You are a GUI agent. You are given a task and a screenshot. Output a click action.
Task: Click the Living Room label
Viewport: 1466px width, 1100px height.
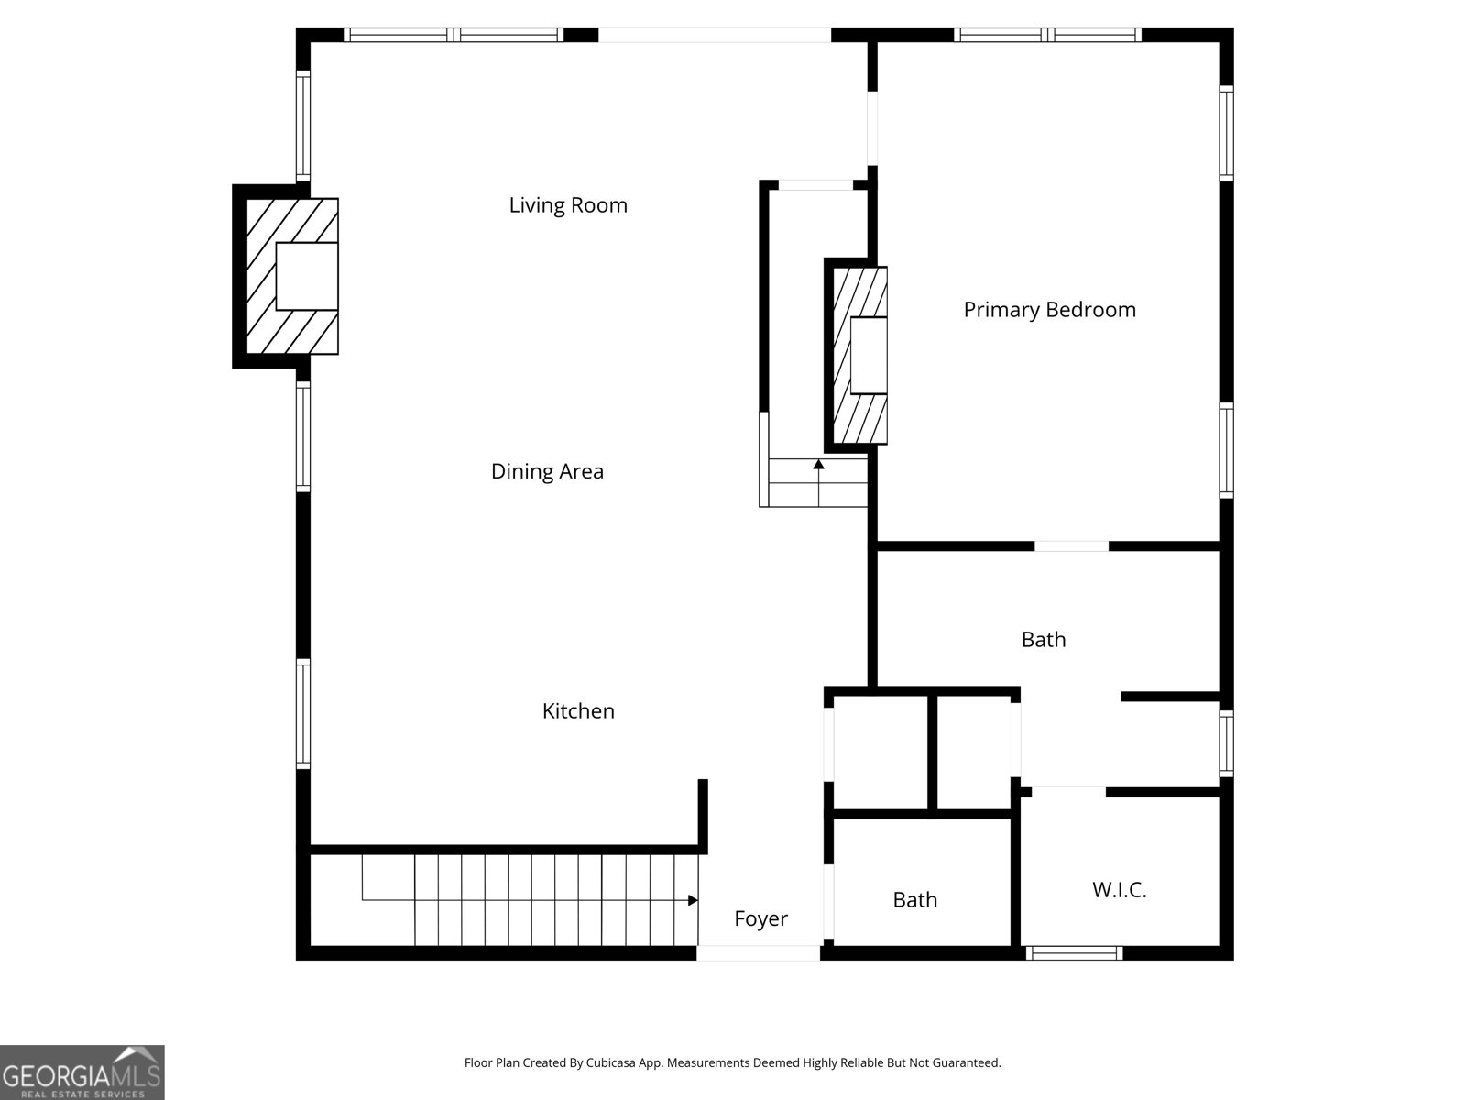click(x=568, y=204)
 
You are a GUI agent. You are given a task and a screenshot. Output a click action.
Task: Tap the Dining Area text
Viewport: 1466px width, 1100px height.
click(x=547, y=471)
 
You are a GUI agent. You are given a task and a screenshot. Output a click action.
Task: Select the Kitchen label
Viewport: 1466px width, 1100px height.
click(x=578, y=710)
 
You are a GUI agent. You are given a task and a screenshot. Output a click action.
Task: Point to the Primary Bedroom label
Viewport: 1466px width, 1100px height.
click(x=1049, y=310)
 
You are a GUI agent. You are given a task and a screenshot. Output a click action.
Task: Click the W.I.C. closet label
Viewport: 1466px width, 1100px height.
click(x=1119, y=889)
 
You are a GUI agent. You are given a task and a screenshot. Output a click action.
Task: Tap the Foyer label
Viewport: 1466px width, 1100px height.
click(x=760, y=918)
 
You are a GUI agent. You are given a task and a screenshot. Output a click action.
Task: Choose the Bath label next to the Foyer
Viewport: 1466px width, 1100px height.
click(x=914, y=900)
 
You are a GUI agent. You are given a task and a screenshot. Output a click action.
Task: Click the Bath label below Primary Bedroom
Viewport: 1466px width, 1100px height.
click(x=1044, y=639)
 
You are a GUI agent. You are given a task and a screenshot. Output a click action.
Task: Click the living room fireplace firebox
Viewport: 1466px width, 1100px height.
click(x=307, y=276)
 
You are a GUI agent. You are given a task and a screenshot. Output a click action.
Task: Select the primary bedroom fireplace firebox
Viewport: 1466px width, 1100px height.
click(x=869, y=356)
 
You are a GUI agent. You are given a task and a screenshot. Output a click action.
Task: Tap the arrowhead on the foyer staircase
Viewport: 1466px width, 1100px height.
click(x=693, y=900)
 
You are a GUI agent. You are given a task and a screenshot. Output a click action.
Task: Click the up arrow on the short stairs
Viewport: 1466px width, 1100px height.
click(x=818, y=466)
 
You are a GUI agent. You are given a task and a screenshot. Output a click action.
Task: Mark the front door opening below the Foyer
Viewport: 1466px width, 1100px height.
click(x=758, y=953)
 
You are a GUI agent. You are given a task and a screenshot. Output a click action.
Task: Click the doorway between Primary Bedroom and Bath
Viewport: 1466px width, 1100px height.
click(x=1071, y=546)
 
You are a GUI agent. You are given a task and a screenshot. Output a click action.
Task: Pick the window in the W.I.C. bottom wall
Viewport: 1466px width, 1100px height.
click(x=1074, y=953)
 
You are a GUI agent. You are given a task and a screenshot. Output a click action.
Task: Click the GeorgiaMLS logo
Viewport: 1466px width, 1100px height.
click(x=82, y=1072)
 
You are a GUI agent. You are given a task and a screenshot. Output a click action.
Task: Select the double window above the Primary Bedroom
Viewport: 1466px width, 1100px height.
click(x=1047, y=35)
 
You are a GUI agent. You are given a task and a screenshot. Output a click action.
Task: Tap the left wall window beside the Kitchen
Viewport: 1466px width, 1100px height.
click(x=302, y=713)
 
